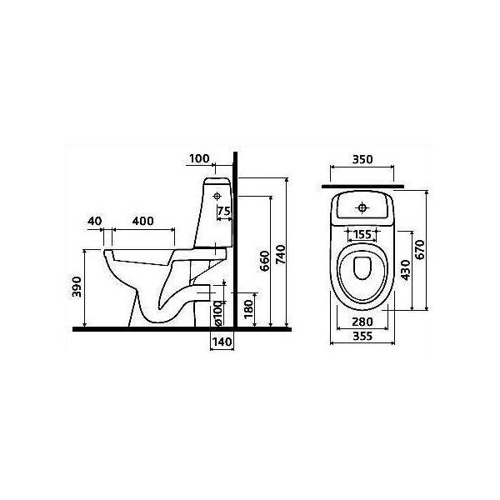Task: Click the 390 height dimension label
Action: tap(77, 287)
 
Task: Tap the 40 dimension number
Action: tap(95, 221)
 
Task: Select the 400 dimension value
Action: tap(142, 221)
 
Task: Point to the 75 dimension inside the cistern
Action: tap(224, 211)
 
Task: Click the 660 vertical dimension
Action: tap(265, 261)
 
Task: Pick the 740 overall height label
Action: tap(281, 254)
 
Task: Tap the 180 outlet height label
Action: tap(248, 308)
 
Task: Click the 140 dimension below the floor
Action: tap(222, 342)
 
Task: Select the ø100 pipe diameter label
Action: tap(217, 313)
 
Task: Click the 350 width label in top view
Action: tap(362, 159)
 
